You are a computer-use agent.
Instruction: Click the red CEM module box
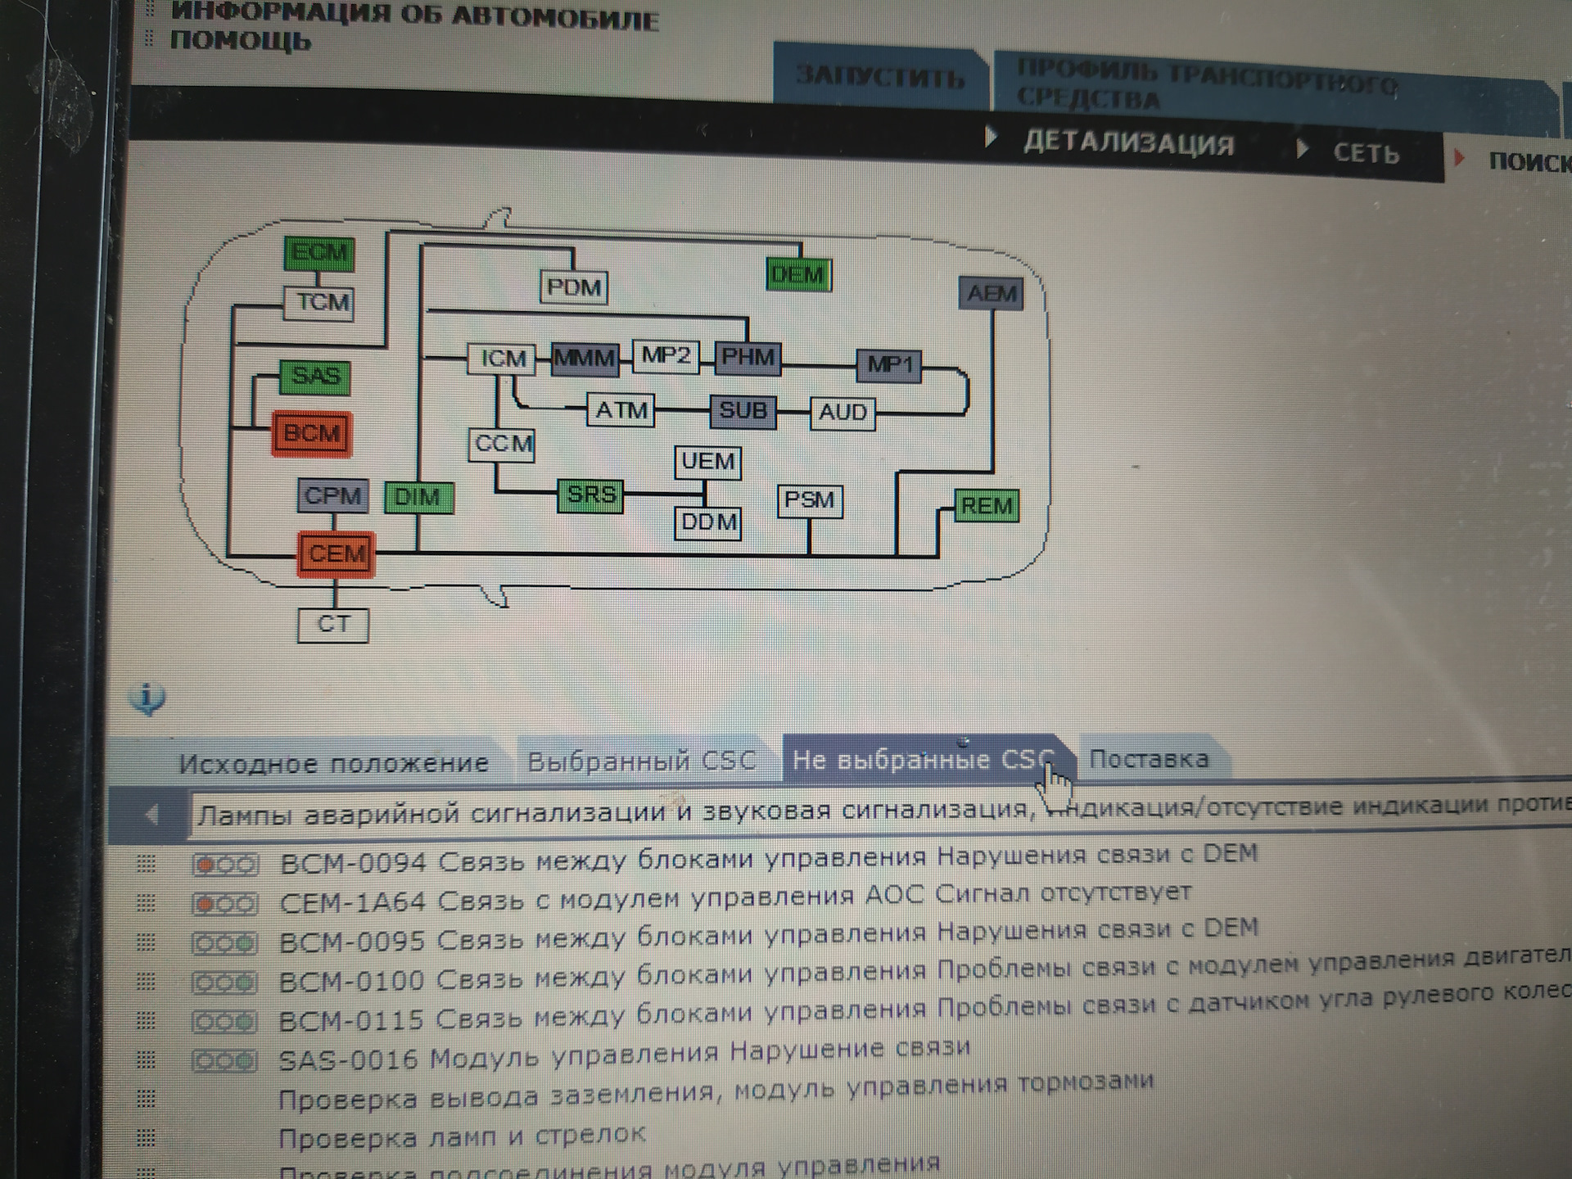[x=336, y=554]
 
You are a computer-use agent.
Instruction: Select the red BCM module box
[x=312, y=433]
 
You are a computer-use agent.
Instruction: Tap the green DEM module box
[x=798, y=275]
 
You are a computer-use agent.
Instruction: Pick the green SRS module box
[x=590, y=495]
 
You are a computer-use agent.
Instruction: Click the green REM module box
[x=987, y=506]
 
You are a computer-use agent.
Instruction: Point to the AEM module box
[x=992, y=293]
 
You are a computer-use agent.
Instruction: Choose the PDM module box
[x=573, y=287]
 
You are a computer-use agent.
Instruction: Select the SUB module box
[x=743, y=410]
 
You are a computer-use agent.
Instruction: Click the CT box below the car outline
[x=332, y=625]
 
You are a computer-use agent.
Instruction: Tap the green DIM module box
[x=418, y=497]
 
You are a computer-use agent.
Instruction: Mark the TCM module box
[x=319, y=303]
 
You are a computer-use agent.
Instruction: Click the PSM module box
[x=809, y=500]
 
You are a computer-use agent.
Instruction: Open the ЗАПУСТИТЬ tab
[x=880, y=77]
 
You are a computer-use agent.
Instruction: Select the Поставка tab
[x=1148, y=759]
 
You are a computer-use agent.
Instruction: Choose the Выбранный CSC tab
[x=641, y=761]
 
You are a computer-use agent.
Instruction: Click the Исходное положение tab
[x=333, y=764]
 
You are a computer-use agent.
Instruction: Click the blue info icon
[x=147, y=698]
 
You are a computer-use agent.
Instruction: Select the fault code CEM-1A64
[x=352, y=902]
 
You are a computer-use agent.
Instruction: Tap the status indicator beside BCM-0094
[x=224, y=865]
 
